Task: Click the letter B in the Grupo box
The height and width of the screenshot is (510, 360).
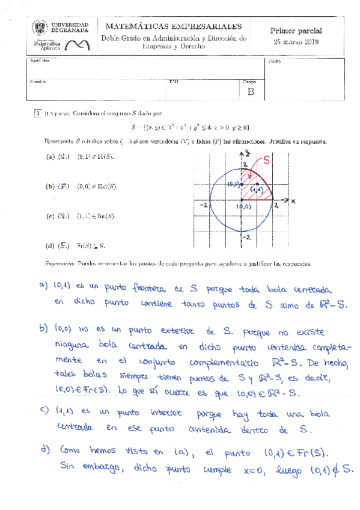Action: tap(251, 92)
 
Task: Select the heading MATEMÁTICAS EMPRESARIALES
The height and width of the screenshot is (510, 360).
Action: tap(174, 26)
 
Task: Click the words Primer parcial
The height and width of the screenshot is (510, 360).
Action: tap(296, 30)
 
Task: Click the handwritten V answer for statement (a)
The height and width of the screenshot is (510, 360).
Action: tap(62, 157)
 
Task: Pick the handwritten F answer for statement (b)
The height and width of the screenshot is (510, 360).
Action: tap(62, 186)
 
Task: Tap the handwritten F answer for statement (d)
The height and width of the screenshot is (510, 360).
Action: tap(62, 245)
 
